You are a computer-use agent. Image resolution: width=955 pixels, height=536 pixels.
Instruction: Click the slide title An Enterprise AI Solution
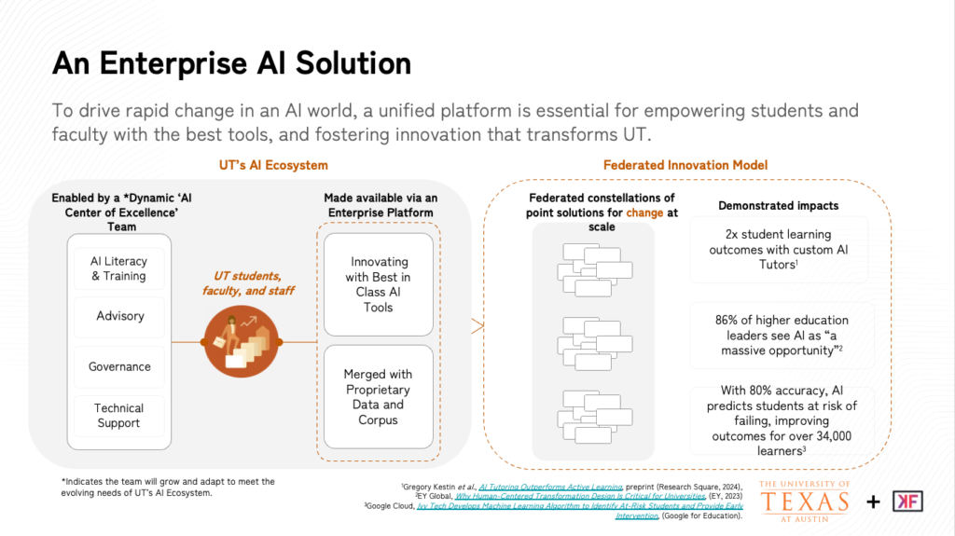(231, 62)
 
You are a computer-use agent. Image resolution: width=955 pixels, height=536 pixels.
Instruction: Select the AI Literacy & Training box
(118, 268)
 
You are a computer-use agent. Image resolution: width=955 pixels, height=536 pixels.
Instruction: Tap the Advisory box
(119, 316)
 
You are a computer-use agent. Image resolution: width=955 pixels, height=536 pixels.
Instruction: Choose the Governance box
(119, 366)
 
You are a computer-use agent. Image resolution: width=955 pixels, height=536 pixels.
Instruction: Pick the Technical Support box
(118, 416)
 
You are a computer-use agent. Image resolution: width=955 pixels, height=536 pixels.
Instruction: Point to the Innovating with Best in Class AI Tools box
(380, 284)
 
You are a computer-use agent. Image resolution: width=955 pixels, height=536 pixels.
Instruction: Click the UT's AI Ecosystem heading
(273, 165)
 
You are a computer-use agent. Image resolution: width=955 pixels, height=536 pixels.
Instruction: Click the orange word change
(645, 213)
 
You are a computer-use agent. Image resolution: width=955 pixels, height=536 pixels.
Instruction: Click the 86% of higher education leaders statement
(782, 335)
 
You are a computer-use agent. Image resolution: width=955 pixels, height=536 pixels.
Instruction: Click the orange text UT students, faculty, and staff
(248, 283)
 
